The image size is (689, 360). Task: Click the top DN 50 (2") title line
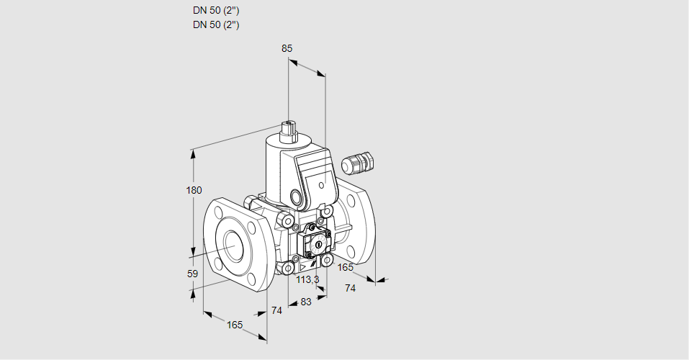click(216, 11)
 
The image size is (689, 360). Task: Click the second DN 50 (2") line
click(216, 24)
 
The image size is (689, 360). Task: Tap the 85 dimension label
click(287, 48)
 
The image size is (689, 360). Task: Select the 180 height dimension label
click(194, 190)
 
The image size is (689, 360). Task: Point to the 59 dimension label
click(192, 274)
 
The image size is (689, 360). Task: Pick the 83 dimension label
click(305, 302)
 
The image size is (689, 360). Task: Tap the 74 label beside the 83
click(276, 310)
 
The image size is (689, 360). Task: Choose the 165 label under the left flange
click(235, 325)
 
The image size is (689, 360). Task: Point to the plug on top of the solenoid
click(289, 130)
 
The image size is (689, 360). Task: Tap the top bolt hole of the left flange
click(218, 212)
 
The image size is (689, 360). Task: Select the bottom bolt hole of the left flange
click(249, 280)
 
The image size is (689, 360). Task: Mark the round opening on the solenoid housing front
click(296, 197)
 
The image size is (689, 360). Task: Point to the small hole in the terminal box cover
click(320, 184)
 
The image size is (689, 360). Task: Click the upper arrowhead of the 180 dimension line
click(193, 153)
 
